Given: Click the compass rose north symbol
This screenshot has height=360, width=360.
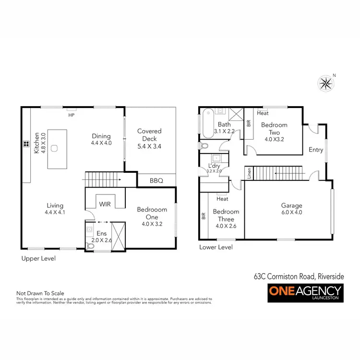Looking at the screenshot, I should click(326, 84).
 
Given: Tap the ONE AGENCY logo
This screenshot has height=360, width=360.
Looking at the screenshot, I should click(305, 293).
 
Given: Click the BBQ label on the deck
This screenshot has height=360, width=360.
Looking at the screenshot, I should click(156, 181).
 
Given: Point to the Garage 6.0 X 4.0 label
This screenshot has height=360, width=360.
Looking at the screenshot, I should click(291, 209).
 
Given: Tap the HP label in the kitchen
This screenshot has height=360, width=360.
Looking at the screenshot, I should click(72, 115).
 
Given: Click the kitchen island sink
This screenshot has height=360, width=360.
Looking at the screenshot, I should click(54, 148).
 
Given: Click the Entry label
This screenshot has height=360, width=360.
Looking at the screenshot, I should click(316, 150).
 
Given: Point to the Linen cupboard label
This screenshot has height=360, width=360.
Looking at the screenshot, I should click(249, 174).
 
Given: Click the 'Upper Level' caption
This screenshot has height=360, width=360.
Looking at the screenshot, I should click(38, 258).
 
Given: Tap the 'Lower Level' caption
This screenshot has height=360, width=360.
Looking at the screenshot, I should click(216, 247).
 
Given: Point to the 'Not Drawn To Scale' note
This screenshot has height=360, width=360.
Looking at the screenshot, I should click(40, 293).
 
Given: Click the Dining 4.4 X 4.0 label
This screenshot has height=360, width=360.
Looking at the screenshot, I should click(101, 139).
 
